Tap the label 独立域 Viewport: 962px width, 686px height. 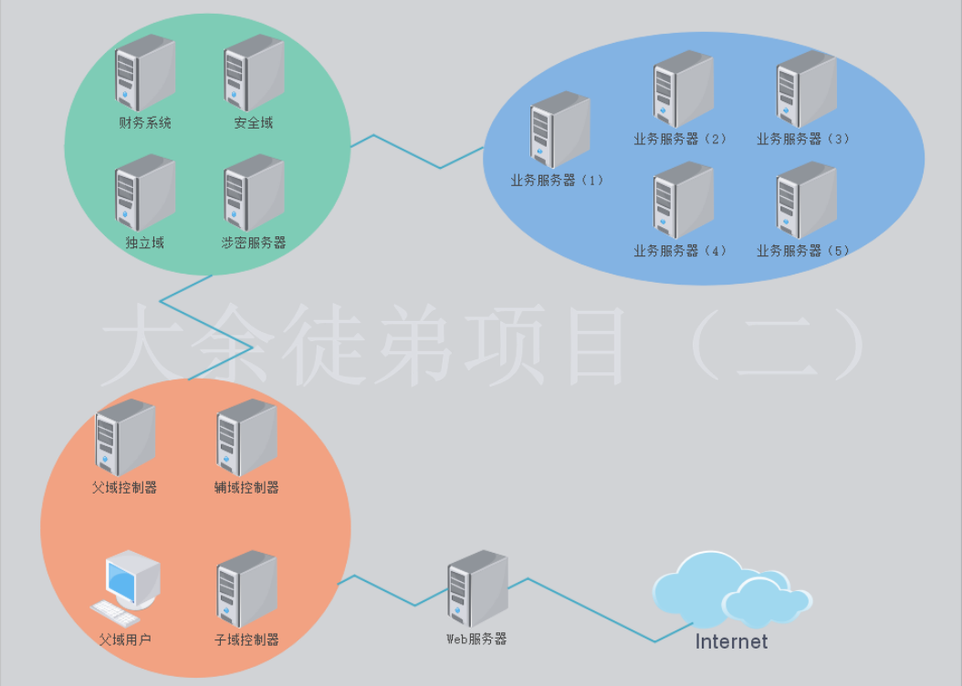click(144, 243)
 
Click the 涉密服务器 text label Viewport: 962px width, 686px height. click(254, 243)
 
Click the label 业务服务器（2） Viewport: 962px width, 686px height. click(681, 139)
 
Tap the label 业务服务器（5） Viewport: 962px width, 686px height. click(803, 250)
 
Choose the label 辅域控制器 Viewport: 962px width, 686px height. click(246, 487)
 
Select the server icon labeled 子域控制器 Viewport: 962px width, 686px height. click(246, 587)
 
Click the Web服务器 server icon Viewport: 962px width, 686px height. click(476, 587)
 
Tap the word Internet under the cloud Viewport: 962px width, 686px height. click(731, 641)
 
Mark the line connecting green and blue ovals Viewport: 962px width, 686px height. click(440, 167)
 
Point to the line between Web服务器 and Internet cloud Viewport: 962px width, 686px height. click(593, 611)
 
